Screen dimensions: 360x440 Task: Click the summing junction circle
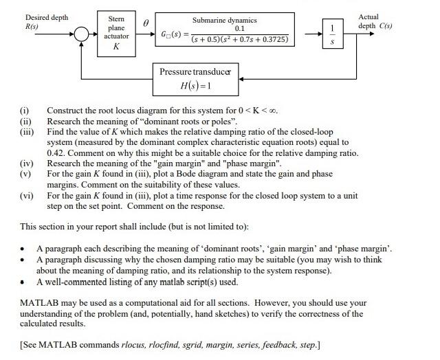point(82,33)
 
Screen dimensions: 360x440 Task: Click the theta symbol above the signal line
point(145,23)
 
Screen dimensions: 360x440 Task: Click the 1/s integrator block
point(333,33)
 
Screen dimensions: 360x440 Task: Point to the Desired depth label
point(47,17)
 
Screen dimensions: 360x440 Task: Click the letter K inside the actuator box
point(115,47)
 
